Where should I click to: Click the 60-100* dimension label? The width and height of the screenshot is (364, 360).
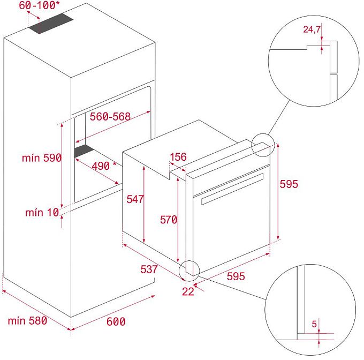39,5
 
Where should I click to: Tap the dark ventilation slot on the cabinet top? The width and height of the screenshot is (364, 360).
51,24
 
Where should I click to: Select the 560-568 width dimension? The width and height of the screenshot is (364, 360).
110,116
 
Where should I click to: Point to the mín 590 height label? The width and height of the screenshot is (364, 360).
42,158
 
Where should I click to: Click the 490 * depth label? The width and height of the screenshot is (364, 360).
104,166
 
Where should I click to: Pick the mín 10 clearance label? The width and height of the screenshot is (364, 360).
42,212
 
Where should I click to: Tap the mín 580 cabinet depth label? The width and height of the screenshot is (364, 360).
27,321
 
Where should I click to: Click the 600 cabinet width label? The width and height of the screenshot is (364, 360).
116,321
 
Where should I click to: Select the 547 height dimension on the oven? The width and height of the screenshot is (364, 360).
135,199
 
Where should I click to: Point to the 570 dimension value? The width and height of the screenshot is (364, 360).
169,220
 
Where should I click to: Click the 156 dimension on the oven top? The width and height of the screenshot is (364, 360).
178,157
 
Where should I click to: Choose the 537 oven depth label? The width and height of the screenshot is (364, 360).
149,269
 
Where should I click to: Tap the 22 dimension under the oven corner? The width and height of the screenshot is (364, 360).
188,292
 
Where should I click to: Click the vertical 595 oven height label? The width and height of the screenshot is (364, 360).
289,184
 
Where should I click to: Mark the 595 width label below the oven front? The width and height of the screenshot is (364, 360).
236,276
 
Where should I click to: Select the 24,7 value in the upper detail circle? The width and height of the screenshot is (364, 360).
312,29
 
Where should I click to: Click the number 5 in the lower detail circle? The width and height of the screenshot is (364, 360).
314,324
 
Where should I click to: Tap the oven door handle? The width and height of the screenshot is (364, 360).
232,189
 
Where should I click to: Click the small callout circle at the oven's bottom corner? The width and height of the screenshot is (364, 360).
189,271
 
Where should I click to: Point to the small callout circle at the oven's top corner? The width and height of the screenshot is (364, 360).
263,145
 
